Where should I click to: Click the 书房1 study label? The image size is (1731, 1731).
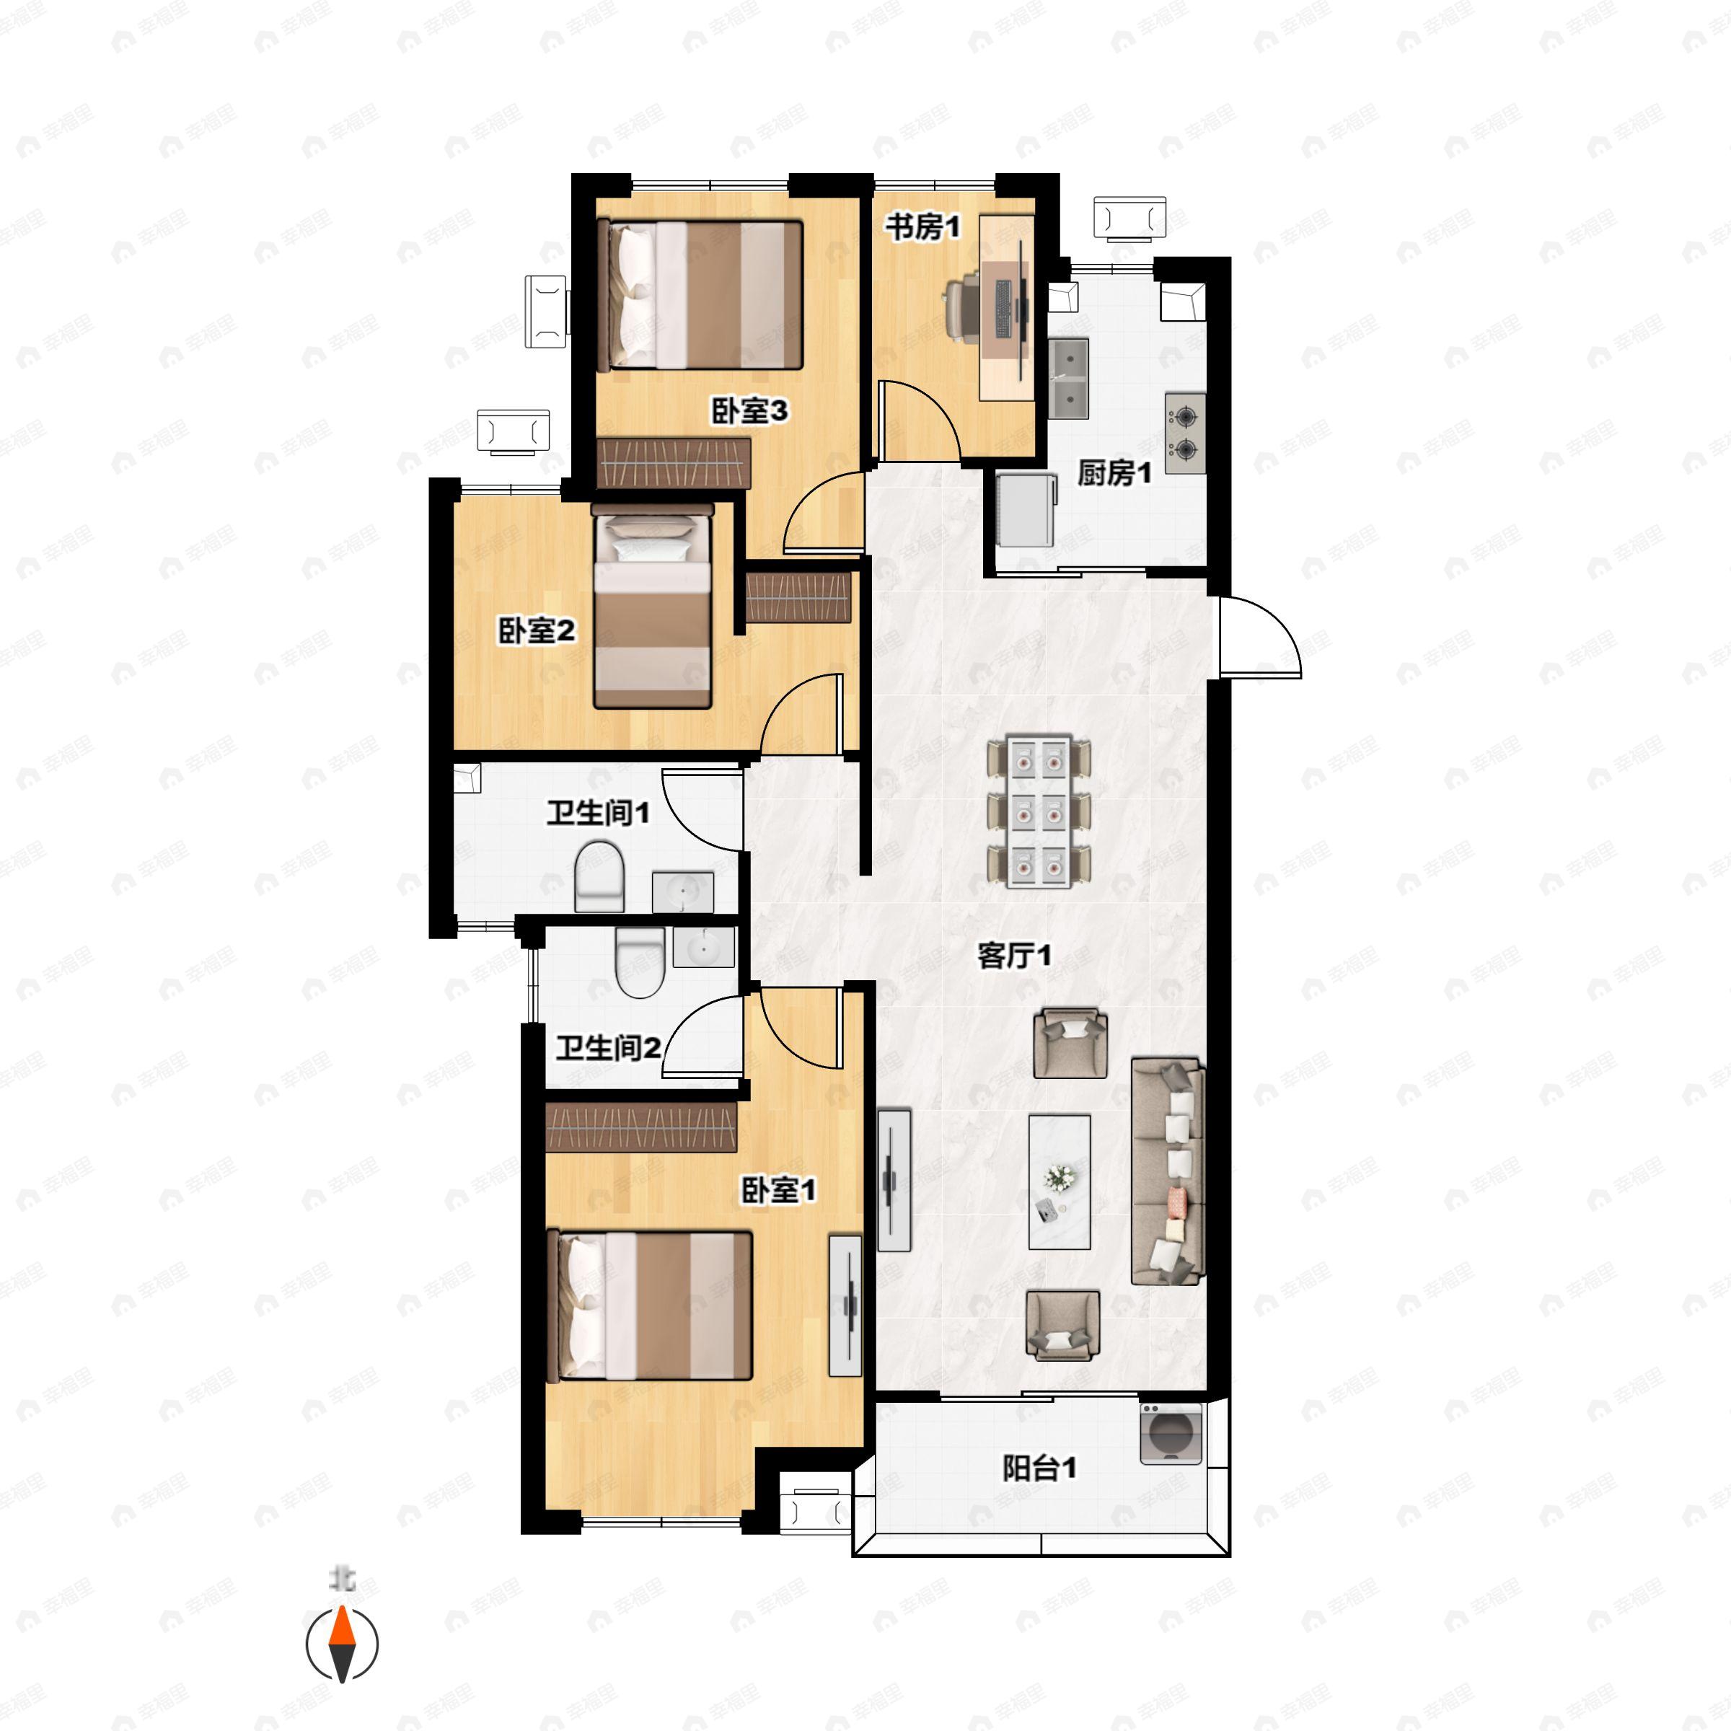click(923, 228)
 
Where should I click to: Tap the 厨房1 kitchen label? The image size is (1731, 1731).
click(1114, 472)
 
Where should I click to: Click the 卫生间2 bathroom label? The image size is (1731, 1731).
click(608, 1047)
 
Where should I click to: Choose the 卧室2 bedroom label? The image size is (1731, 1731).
click(537, 631)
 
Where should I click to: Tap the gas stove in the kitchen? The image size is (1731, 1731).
click(1185, 433)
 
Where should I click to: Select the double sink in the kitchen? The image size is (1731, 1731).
click(1068, 379)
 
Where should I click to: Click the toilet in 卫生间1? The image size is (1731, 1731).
click(599, 877)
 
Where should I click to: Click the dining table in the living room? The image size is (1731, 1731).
click(1039, 811)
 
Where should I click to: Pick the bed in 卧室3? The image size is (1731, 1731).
click(700, 295)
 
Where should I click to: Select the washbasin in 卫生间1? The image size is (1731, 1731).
click(683, 891)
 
